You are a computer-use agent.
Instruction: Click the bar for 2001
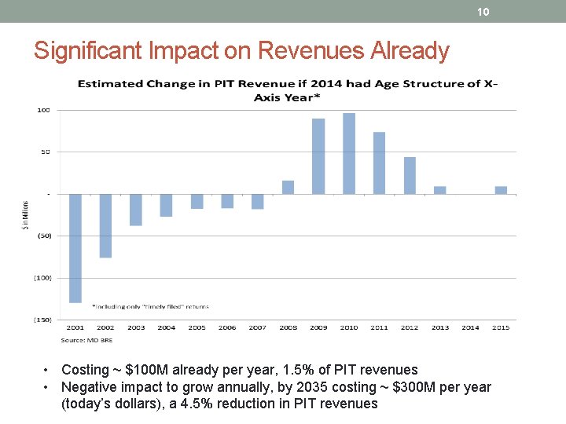coord(75,247)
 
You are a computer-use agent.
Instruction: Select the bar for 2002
coord(105,225)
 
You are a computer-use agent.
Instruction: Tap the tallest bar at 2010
coord(349,154)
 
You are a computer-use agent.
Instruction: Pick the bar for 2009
coord(318,156)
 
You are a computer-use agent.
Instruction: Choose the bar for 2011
coord(379,163)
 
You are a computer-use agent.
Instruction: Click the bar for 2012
coord(410,175)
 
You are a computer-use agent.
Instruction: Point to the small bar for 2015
coord(501,190)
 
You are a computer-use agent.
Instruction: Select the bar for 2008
coord(288,187)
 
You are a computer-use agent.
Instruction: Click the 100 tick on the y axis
coord(44,110)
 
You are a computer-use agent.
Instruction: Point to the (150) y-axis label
coord(42,320)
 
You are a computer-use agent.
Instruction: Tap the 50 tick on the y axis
coord(46,152)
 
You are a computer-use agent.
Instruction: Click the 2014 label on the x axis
coord(470,327)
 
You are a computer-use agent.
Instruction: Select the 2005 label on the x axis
coord(197,327)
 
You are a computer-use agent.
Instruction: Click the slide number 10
coord(483,12)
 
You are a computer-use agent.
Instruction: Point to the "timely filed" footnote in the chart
coord(151,306)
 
